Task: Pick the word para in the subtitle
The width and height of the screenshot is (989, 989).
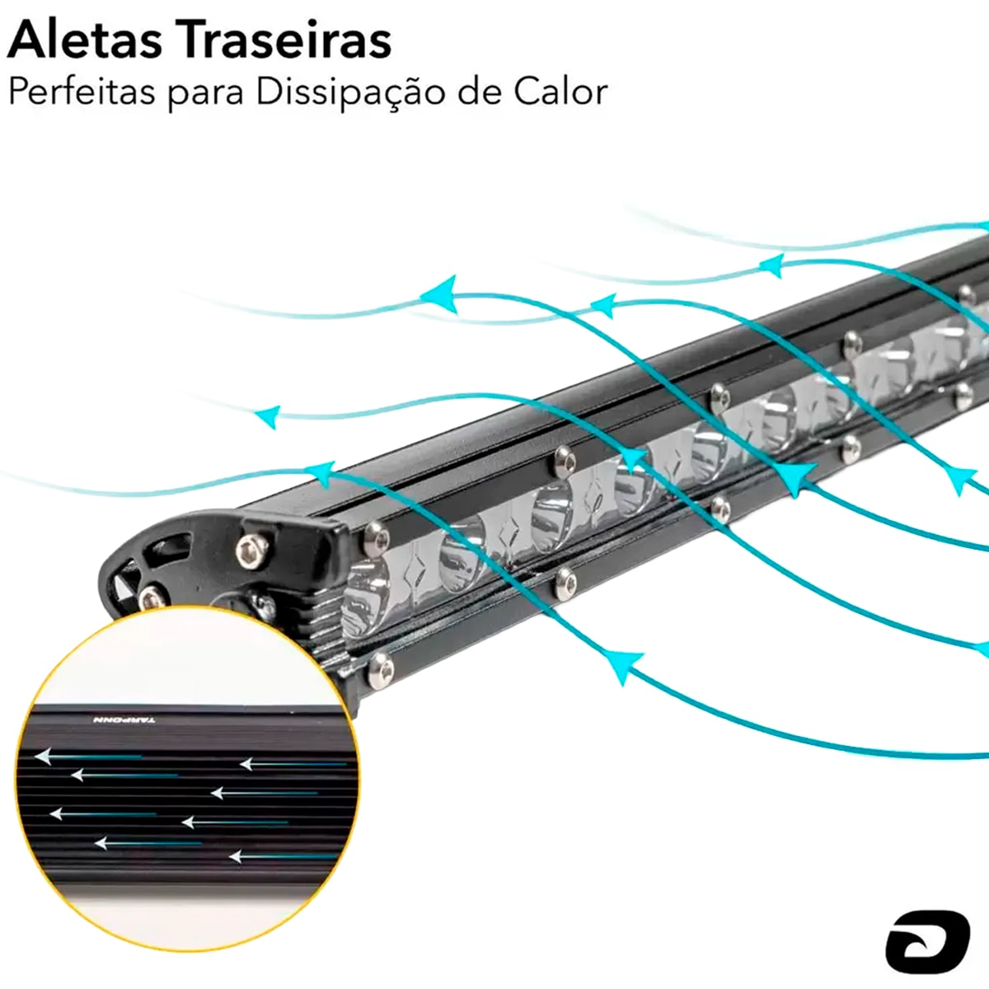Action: tap(206, 94)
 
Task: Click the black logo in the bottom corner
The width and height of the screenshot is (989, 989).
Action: tap(927, 940)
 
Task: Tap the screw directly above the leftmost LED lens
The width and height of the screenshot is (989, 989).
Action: tap(377, 538)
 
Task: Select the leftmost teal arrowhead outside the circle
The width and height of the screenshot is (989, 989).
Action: tap(266, 417)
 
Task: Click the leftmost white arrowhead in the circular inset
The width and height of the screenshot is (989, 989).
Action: tap(41, 755)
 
